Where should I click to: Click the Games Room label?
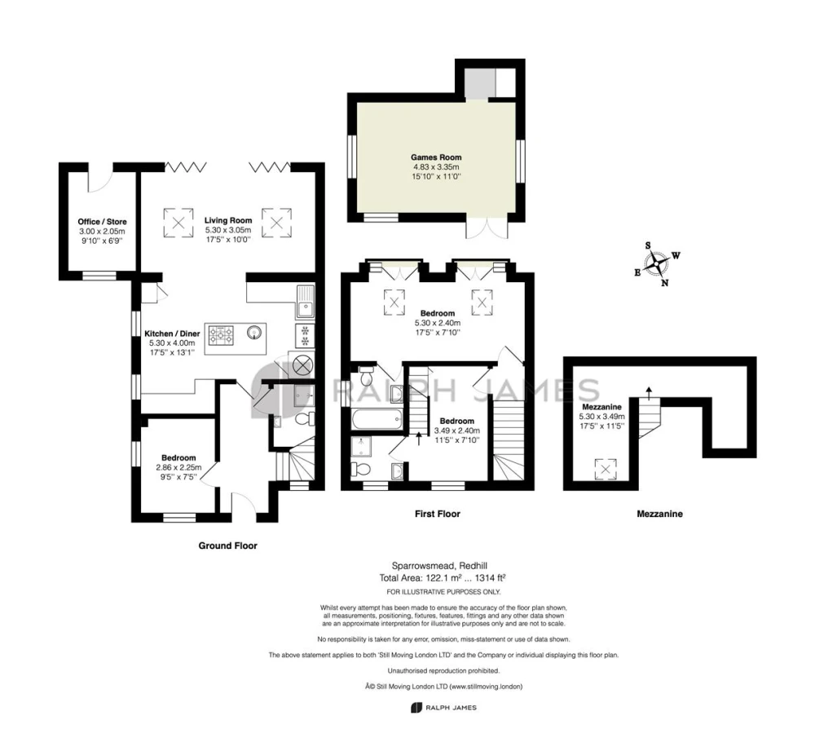pyautogui.click(x=436, y=157)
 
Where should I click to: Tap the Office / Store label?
pyautogui.click(x=103, y=222)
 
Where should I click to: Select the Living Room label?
pyautogui.click(x=228, y=220)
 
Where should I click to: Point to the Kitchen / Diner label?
pyautogui.click(x=172, y=334)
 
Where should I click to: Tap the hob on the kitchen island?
pyautogui.click(x=222, y=335)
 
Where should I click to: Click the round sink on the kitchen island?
pyautogui.click(x=254, y=331)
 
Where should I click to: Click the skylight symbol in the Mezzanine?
pyautogui.click(x=605, y=470)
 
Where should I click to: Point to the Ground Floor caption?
pyautogui.click(x=227, y=546)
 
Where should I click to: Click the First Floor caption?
pyautogui.click(x=438, y=514)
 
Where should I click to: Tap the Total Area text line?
pyautogui.click(x=443, y=577)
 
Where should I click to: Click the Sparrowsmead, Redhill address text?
pyautogui.click(x=439, y=566)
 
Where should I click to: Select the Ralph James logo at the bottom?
pyautogui.click(x=443, y=707)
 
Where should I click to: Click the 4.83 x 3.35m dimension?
pyautogui.click(x=436, y=167)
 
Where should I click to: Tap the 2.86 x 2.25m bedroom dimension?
pyautogui.click(x=178, y=467)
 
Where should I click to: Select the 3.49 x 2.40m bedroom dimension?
pyautogui.click(x=457, y=431)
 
